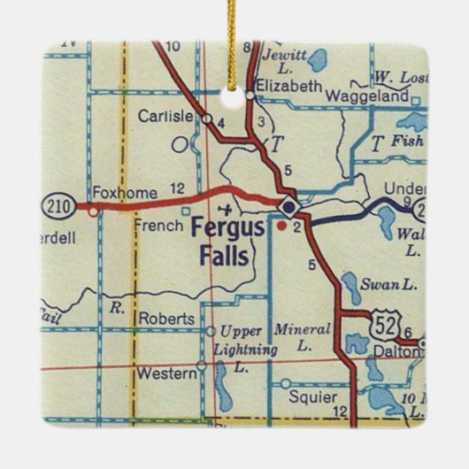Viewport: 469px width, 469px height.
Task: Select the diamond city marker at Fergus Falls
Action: click(288, 207)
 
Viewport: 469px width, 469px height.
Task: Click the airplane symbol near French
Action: click(227, 209)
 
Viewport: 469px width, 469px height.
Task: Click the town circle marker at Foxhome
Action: click(91, 210)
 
